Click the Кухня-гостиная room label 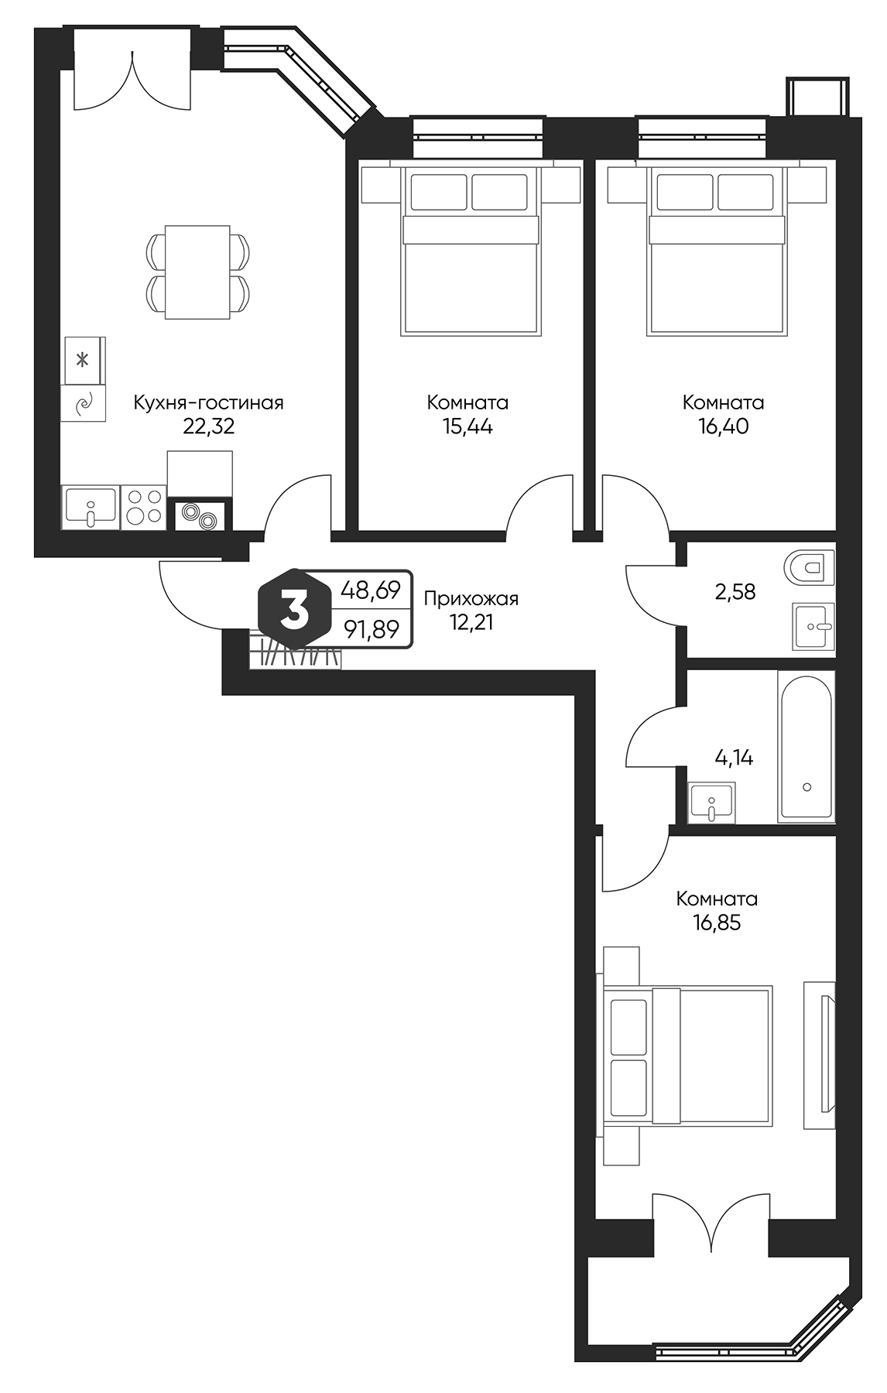point(208,402)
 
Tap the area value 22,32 point(208,426)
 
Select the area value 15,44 point(467,426)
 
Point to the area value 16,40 point(723,426)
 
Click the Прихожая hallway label point(471,598)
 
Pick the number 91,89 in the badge point(372,630)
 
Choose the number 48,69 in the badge point(371,590)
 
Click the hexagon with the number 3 point(293,611)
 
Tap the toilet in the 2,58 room point(809,567)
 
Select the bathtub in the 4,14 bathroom point(806,748)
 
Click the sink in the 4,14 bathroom point(712,803)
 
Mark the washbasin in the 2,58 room point(813,625)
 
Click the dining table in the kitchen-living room point(197,272)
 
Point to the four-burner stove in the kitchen point(144,507)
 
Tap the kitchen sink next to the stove point(91,507)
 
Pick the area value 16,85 point(717,922)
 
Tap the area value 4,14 point(734,758)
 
